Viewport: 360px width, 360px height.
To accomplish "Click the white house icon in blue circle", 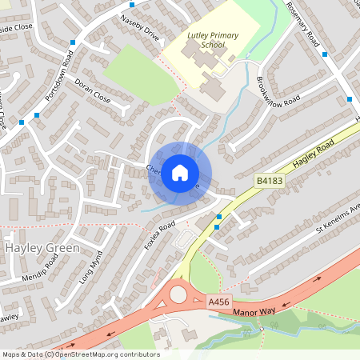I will [x=180, y=172].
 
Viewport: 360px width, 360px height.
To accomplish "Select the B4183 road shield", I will [x=270, y=182].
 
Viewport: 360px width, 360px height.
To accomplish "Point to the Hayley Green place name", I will [x=42, y=248].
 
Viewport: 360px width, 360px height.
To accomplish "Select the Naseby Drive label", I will [x=139, y=28].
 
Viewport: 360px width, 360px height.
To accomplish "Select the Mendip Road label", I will [x=41, y=270].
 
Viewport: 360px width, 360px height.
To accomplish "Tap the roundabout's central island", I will [x=178, y=295].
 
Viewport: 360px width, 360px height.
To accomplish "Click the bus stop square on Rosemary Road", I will [x=325, y=54].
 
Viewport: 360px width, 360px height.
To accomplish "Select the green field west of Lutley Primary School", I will [x=132, y=68].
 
